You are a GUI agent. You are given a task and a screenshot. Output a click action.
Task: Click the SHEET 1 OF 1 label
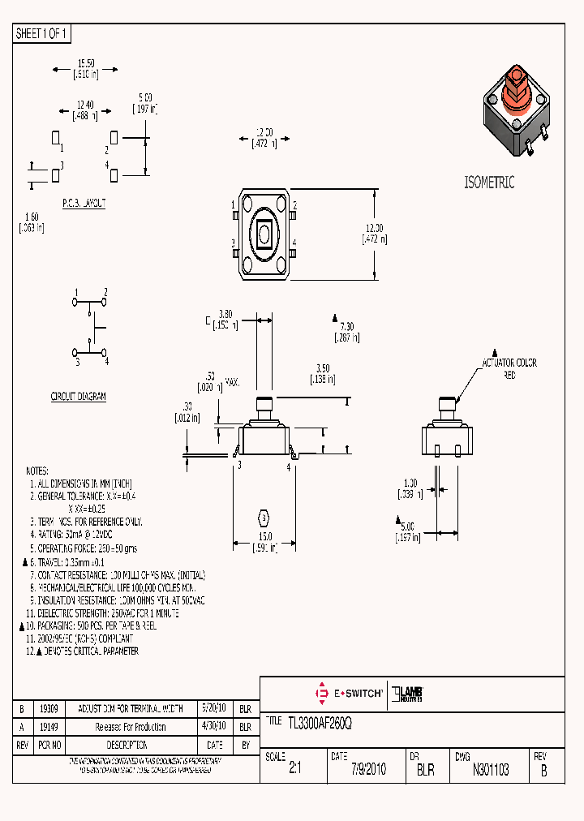[x=42, y=34]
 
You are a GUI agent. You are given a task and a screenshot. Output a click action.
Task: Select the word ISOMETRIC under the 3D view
[x=489, y=183]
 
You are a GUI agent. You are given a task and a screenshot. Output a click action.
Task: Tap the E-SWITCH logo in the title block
[x=349, y=694]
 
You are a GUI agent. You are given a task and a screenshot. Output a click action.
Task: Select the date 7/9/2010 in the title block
[x=367, y=770]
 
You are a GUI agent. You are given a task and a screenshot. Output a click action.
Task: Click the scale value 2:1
[x=294, y=770]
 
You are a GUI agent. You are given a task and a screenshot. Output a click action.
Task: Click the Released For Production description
[x=131, y=727]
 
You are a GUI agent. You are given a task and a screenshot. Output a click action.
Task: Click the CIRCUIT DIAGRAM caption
[x=79, y=397]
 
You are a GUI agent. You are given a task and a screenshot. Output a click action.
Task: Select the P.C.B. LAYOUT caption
[x=84, y=204]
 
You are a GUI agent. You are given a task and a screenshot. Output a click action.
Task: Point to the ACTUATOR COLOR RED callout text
[x=509, y=369]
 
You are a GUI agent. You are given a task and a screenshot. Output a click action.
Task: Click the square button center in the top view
[x=264, y=234]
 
